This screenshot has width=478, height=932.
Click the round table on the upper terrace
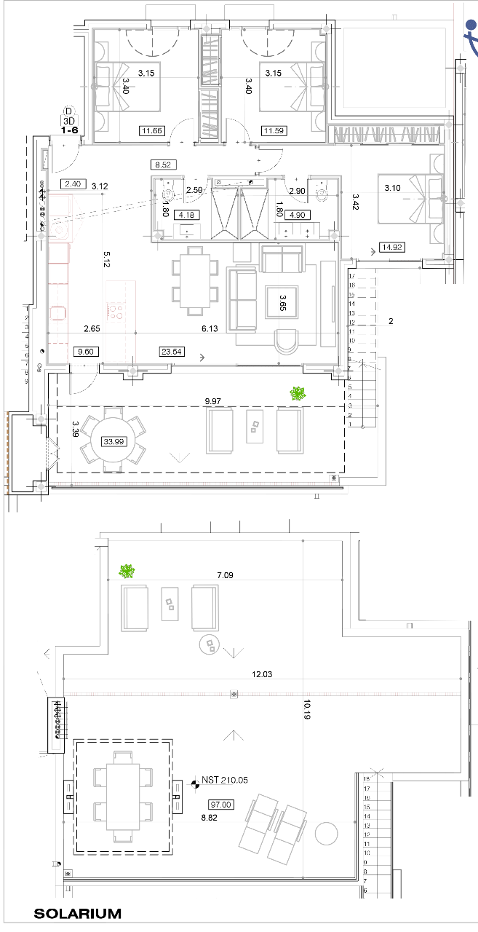(113, 441)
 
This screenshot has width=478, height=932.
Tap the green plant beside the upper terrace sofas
(298, 394)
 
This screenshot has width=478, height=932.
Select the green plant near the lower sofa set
(127, 572)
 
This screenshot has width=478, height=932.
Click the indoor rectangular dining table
(195, 280)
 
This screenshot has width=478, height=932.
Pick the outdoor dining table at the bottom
(123, 797)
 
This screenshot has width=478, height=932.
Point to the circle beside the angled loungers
(326, 834)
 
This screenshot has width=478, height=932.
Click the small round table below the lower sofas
(210, 644)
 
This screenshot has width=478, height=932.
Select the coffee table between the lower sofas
(170, 604)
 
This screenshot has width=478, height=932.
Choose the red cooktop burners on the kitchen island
(115, 312)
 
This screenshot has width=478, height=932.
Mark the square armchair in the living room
(282, 302)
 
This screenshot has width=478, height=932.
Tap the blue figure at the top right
(471, 36)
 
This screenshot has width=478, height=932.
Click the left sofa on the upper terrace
(220, 430)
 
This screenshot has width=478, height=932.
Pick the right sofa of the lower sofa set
(205, 607)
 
